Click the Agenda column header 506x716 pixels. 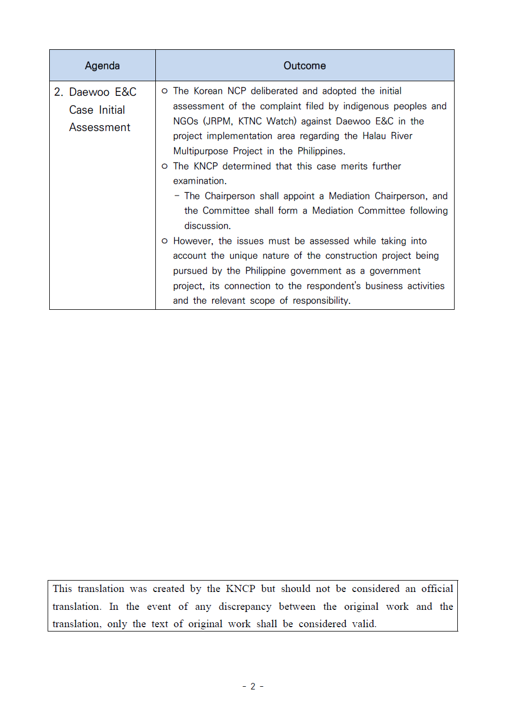(102, 66)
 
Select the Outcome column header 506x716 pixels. (305, 66)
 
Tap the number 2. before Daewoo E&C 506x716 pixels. (58, 92)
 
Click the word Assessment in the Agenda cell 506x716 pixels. (100, 127)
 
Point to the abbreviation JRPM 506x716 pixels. (218, 121)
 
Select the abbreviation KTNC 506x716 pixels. (250, 121)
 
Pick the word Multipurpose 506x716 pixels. (200, 151)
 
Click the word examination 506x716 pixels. (199, 181)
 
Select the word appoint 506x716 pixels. (299, 196)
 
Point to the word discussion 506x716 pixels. (207, 226)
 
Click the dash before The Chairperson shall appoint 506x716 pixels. (177, 196)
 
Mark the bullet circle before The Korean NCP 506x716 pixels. (165, 91)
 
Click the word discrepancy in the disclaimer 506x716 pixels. (245, 607)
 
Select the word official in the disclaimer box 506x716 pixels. (437, 589)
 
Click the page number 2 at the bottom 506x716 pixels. (253, 686)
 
